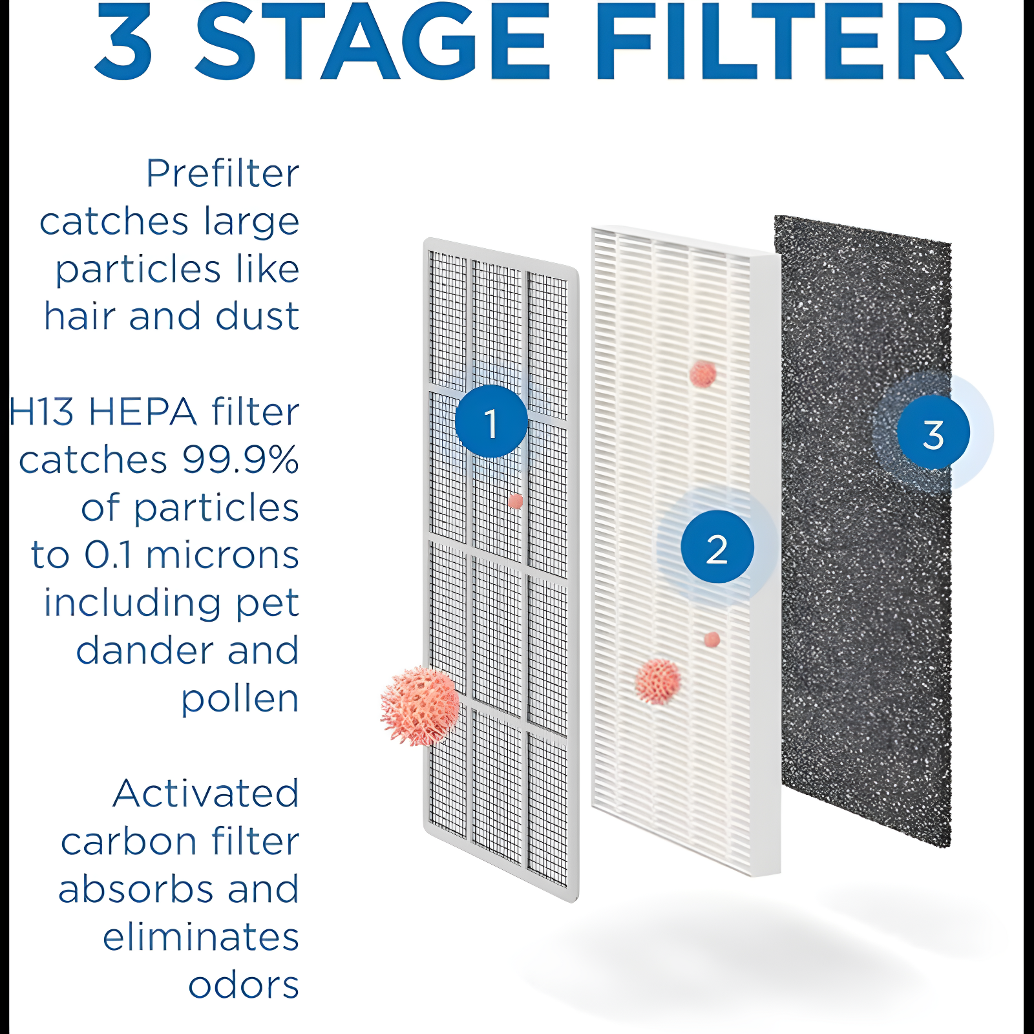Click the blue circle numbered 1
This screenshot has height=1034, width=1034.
coord(491,422)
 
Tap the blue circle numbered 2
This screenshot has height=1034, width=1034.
coord(717,547)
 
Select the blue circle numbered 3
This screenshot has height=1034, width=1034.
coord(933,433)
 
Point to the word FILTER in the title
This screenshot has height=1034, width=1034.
coord(779,42)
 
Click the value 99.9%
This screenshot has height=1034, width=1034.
coord(240,459)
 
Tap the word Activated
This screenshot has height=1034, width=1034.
coord(206,793)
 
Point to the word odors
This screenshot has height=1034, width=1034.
coord(244,984)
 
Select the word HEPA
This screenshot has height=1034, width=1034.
coord(142,412)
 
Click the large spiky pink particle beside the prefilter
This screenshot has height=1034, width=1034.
coord(421,706)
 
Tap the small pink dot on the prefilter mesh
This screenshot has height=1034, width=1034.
coord(515,501)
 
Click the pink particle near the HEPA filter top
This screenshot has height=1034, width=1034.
coord(702,374)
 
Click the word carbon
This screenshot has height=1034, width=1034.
coord(129,841)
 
